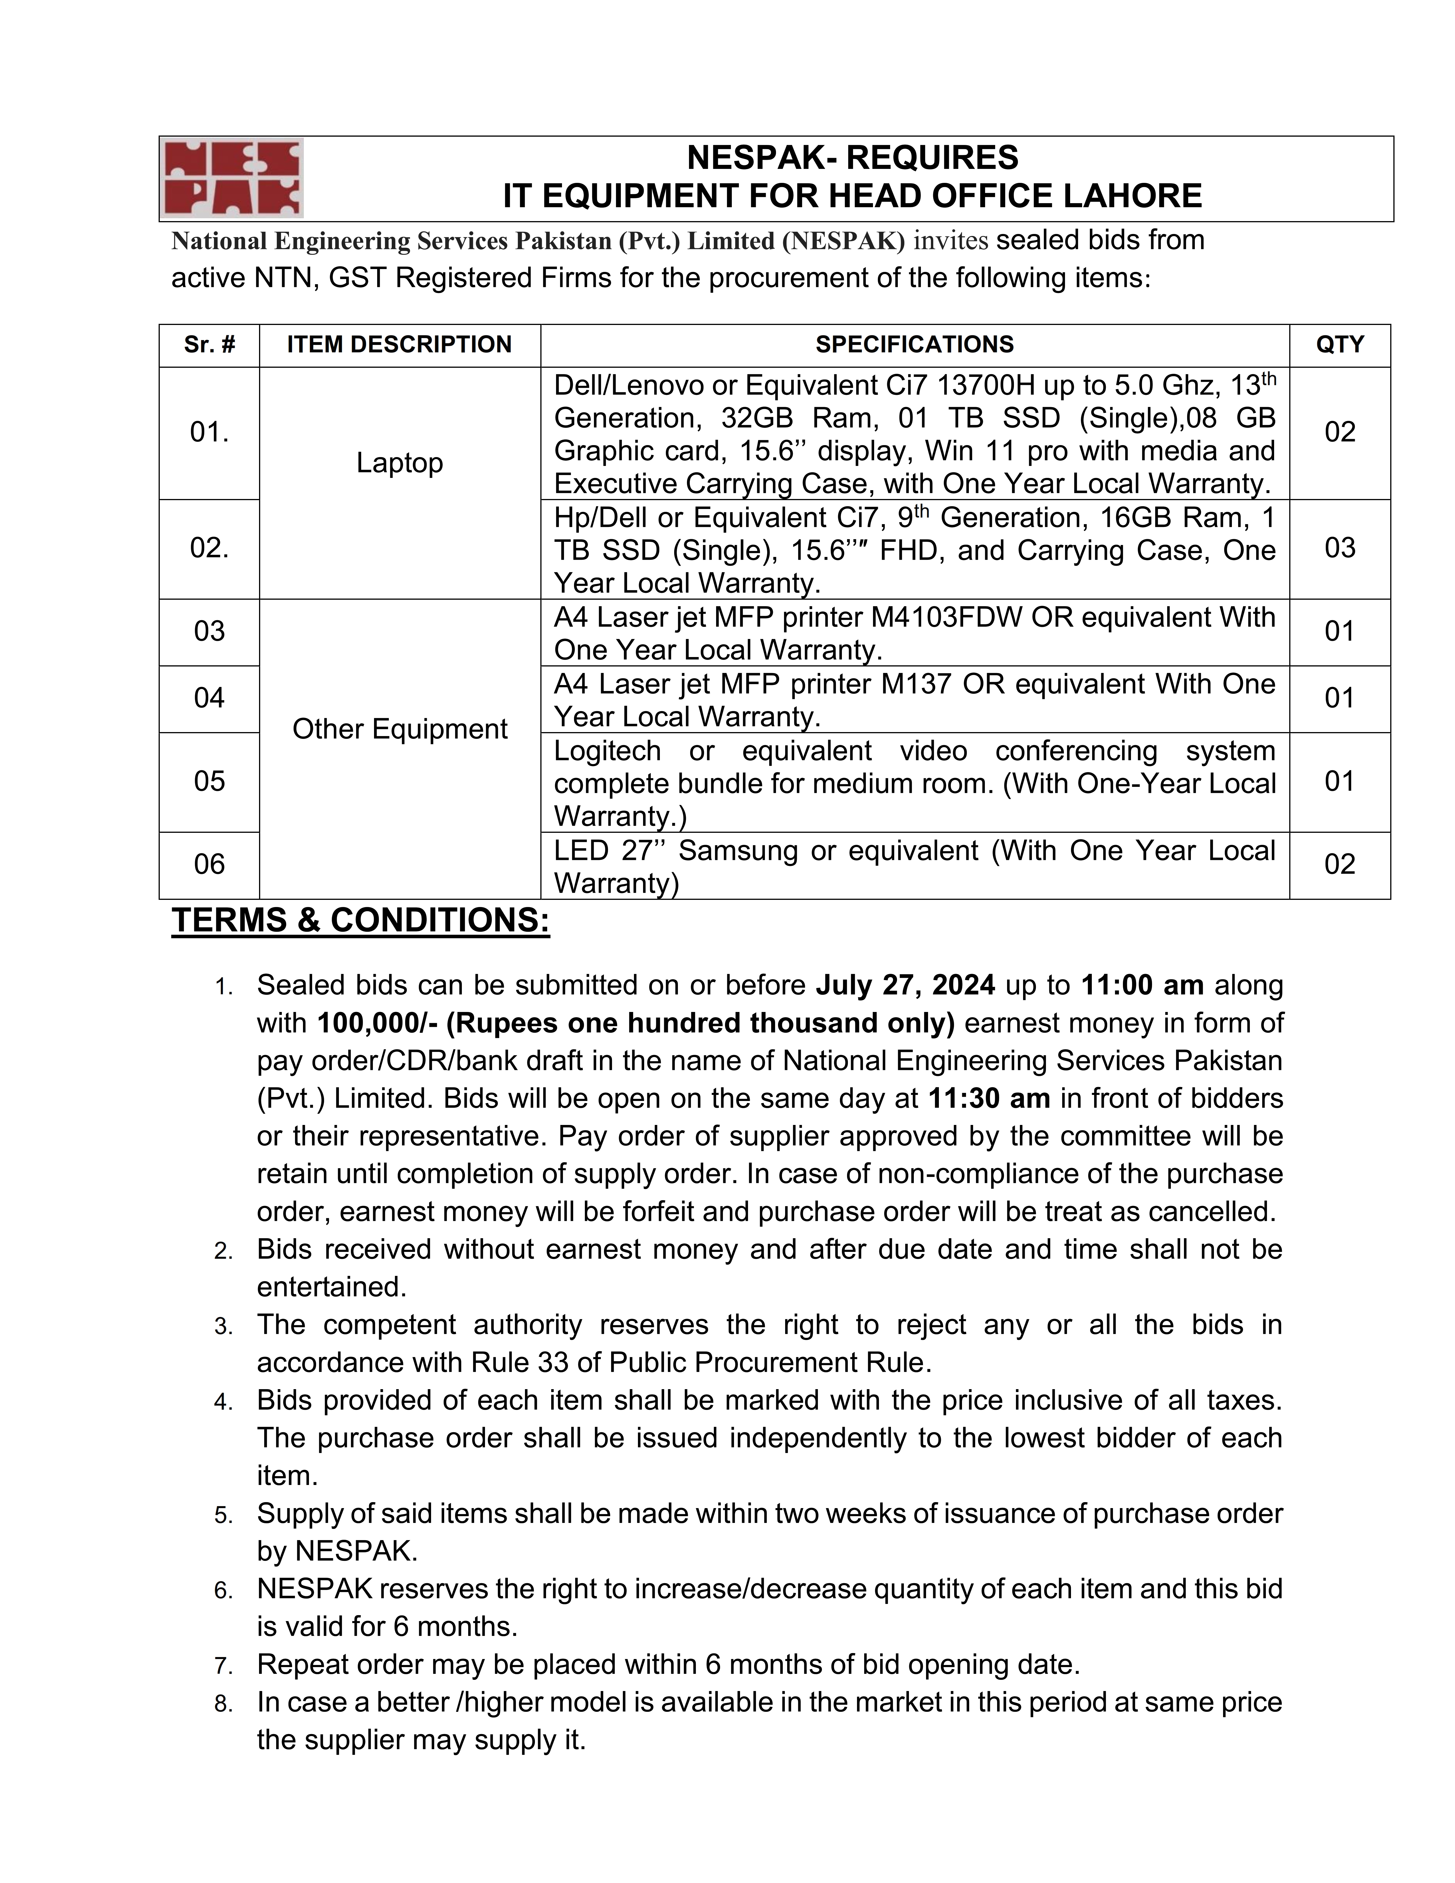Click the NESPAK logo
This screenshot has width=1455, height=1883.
click(231, 178)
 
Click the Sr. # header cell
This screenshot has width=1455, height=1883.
click(209, 345)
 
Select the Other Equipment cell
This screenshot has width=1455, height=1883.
click(400, 730)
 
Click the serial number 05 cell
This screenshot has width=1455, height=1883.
click(209, 781)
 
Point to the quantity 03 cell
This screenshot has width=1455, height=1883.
click(1339, 548)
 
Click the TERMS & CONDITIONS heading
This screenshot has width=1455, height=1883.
click(360, 921)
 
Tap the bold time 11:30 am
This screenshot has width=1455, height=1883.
click(989, 1098)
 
